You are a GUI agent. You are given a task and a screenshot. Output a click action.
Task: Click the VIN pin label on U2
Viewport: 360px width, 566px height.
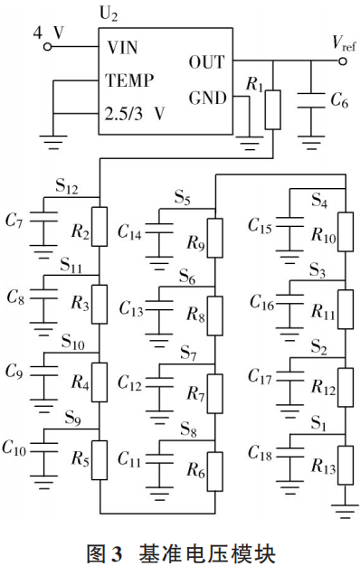click(x=123, y=46)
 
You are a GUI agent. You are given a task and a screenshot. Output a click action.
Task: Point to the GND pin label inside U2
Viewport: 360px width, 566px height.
click(x=205, y=97)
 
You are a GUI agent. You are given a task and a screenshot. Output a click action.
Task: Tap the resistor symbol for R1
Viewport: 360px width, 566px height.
click(x=273, y=108)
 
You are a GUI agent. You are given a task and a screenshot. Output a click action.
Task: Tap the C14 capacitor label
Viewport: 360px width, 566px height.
click(x=133, y=232)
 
